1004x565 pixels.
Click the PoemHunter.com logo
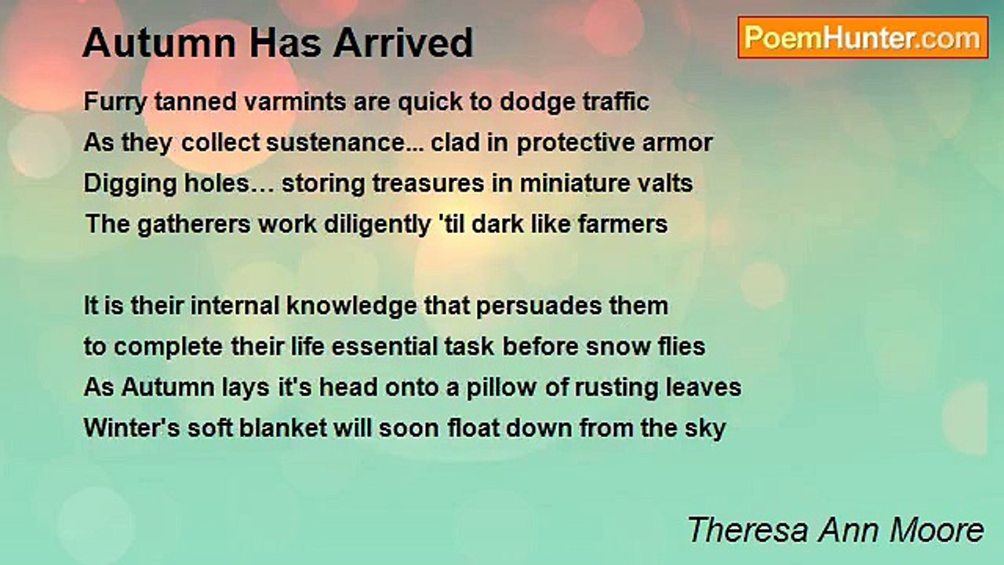[863, 38]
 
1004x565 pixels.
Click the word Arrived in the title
[403, 43]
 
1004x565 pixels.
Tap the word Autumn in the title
[159, 43]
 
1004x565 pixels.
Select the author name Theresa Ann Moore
[835, 530]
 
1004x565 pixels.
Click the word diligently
[377, 224]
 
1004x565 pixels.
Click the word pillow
[501, 388]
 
